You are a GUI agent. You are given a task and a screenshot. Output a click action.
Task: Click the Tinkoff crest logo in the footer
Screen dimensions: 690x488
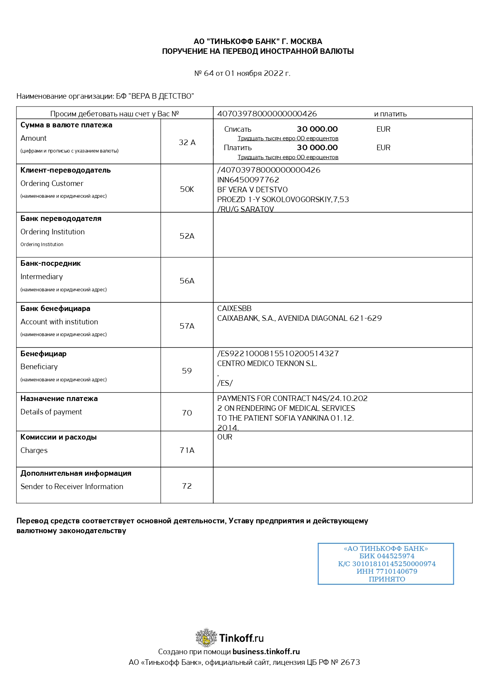tap(206, 637)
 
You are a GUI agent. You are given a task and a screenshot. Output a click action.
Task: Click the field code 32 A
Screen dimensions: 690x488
tap(187, 142)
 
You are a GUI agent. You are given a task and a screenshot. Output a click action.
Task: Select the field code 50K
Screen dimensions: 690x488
tap(187, 189)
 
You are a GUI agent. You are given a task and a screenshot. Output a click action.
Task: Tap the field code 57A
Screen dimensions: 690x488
tap(187, 326)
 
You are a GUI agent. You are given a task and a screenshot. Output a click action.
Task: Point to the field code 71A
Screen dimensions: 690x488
tap(187, 450)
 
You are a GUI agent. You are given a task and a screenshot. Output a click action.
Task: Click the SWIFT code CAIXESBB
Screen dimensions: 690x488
tap(234, 309)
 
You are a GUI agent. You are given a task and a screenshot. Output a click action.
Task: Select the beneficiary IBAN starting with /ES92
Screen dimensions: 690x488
tap(278, 353)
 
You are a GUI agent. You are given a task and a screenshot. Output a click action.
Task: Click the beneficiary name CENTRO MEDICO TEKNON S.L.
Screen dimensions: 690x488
tap(267, 363)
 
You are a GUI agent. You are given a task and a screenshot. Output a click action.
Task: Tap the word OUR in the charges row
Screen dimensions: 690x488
tap(225, 437)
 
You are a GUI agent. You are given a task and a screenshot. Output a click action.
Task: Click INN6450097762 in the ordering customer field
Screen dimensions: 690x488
tap(248, 180)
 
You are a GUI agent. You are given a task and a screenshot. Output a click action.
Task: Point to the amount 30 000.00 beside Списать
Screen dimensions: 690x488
tap(317, 129)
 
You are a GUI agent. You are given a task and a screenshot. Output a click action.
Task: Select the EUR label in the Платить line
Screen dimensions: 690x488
tap(383, 147)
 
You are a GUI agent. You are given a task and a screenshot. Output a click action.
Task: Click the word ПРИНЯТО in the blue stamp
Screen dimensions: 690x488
tap(387, 579)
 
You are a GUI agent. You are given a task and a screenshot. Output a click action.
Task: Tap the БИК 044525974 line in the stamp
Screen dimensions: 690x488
tap(387, 556)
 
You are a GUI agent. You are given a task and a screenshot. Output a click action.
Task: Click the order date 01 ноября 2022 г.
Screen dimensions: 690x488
tap(257, 73)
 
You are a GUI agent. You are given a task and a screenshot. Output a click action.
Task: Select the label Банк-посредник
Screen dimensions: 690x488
tap(50, 263)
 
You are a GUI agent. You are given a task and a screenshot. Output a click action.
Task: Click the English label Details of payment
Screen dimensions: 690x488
tap(51, 412)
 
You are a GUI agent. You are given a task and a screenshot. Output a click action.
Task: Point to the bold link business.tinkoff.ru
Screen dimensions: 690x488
tap(266, 651)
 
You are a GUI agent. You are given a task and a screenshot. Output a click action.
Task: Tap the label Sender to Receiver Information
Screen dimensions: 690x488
tap(72, 486)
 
